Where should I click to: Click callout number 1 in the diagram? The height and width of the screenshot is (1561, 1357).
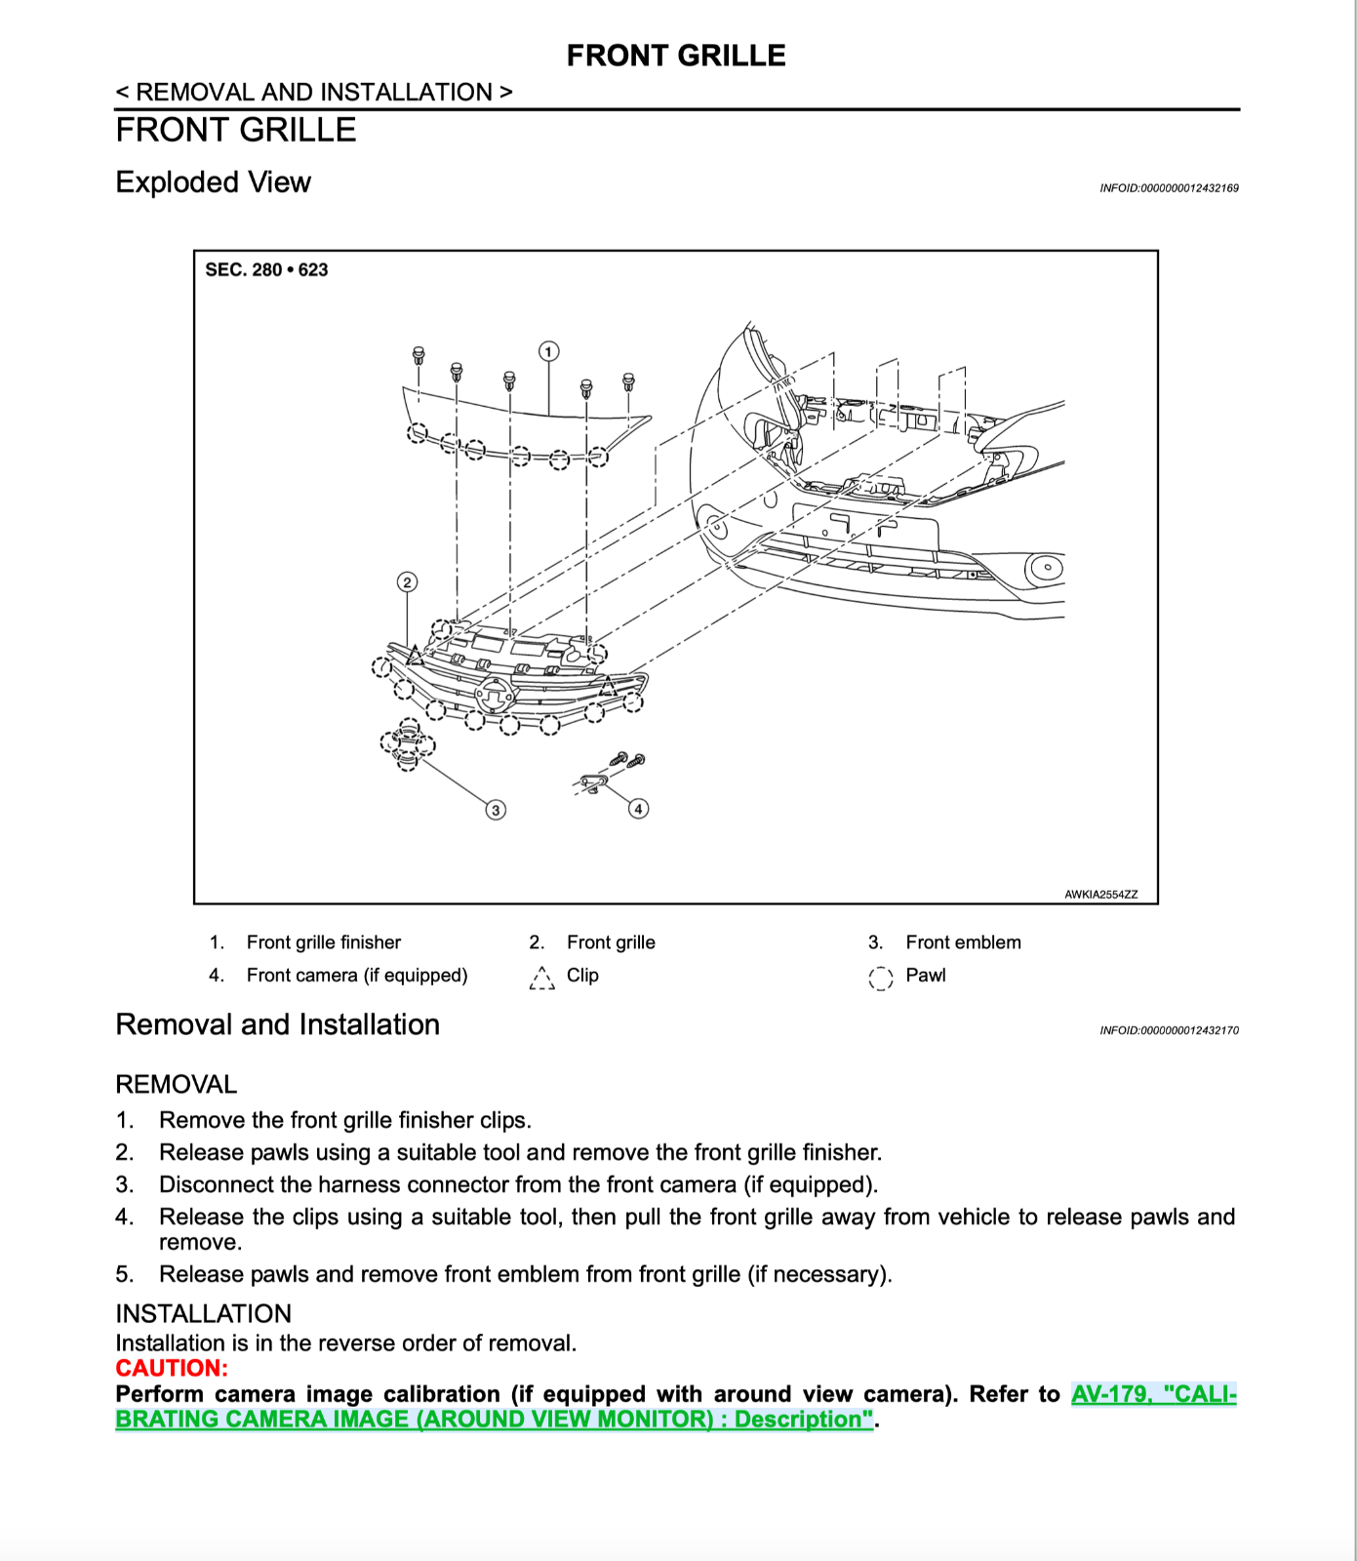(x=549, y=351)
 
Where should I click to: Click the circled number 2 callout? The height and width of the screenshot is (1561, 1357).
(x=408, y=582)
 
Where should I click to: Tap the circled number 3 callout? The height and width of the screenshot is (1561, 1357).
(x=496, y=810)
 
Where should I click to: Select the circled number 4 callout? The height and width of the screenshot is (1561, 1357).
(x=638, y=808)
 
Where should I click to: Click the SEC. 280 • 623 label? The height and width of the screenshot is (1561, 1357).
(x=266, y=270)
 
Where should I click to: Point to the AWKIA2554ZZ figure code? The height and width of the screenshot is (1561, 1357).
(x=1100, y=894)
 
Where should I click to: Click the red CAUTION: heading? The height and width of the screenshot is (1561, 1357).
(x=172, y=1368)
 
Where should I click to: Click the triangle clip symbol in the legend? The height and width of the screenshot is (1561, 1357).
(x=541, y=978)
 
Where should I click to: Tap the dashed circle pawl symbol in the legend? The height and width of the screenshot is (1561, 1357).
(x=880, y=978)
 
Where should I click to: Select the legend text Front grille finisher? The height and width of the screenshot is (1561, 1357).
(x=323, y=942)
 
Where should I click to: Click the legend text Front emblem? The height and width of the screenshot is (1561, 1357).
(x=963, y=942)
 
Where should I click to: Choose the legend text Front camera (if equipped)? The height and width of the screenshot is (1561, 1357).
(x=356, y=976)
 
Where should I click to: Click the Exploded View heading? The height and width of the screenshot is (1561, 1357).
(x=213, y=182)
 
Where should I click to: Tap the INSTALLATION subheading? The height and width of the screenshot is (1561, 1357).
(x=203, y=1313)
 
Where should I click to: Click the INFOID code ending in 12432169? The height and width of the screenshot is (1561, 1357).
(x=1169, y=188)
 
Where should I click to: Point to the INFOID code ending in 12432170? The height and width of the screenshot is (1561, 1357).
(x=1169, y=1030)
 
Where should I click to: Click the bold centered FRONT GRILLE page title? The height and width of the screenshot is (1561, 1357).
(x=676, y=56)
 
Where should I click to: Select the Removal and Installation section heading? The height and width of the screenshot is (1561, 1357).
(x=277, y=1024)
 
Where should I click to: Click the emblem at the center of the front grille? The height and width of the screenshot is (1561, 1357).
(x=495, y=696)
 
